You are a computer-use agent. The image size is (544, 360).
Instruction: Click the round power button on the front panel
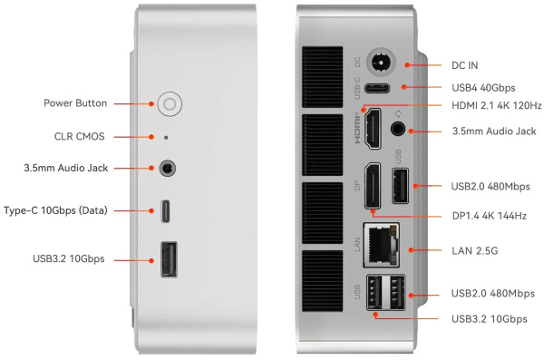[170, 103]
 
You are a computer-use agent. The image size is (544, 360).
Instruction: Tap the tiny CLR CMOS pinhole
[166, 138]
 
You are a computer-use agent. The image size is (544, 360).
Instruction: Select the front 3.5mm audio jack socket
[167, 169]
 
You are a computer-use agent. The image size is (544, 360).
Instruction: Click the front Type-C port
[166, 210]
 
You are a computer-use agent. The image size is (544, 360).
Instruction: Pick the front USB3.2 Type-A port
[169, 259]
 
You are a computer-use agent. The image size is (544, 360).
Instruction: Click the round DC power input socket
[382, 63]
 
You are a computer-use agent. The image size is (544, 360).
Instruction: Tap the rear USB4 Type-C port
[377, 88]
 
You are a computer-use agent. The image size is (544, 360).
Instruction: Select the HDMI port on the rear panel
[373, 129]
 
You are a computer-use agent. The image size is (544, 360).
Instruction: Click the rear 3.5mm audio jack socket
[398, 129]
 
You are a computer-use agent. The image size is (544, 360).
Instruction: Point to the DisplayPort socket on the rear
[373, 186]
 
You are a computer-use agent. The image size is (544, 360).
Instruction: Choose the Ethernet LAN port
[382, 245]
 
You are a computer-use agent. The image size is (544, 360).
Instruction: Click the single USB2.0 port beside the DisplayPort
[400, 185]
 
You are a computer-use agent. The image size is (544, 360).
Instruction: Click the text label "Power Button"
[75, 103]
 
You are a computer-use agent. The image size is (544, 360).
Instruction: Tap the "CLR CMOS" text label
[80, 136]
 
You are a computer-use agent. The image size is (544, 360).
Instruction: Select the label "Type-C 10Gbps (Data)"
[55, 210]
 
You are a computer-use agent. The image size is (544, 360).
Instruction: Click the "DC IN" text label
[464, 65]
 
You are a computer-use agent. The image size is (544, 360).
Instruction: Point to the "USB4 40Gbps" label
[483, 88]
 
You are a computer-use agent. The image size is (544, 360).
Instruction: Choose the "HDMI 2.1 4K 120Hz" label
[497, 105]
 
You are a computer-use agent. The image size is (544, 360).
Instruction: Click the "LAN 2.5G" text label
[474, 250]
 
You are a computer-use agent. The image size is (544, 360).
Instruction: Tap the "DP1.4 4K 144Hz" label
[490, 216]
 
